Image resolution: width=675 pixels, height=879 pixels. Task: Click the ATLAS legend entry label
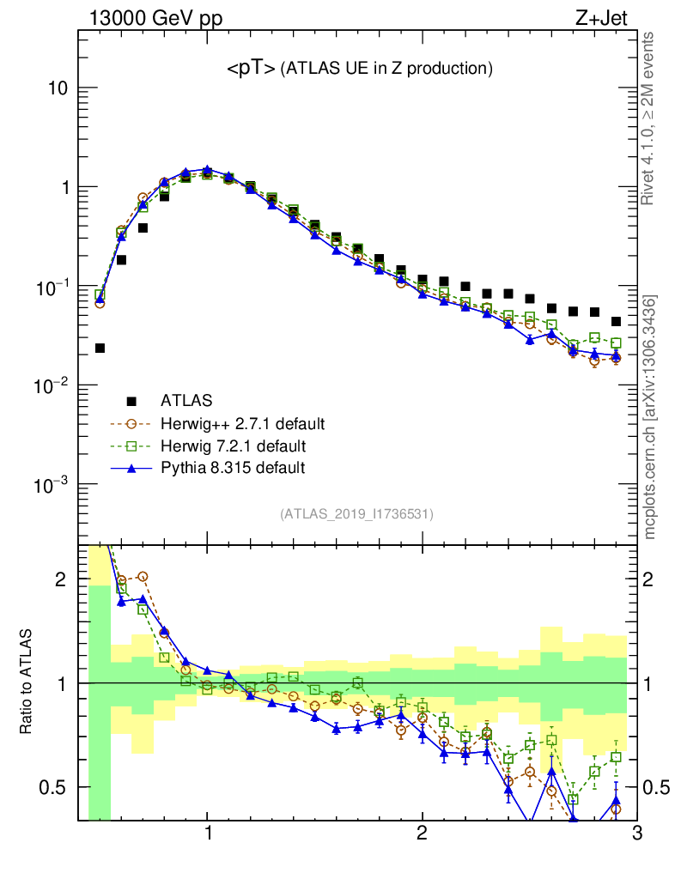tap(186, 400)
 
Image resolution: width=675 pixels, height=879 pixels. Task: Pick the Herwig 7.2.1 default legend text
tap(233, 446)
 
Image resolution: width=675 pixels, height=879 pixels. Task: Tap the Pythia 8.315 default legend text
tap(232, 468)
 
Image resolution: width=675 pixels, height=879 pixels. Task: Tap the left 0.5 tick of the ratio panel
tap(56, 787)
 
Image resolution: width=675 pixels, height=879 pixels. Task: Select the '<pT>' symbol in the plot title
tap(250, 70)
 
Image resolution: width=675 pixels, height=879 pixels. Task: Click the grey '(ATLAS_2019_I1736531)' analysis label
tap(356, 514)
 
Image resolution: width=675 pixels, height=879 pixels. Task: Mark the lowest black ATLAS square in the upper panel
tap(100, 348)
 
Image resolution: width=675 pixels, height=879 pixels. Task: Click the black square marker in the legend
tap(131, 401)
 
